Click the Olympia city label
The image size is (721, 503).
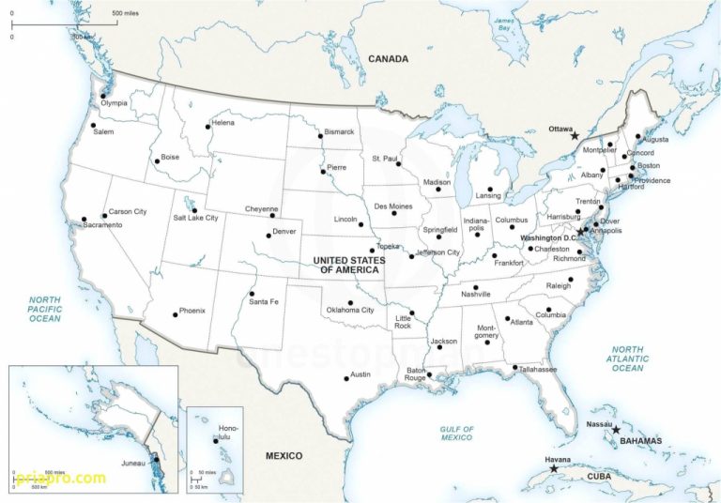(x=114, y=103)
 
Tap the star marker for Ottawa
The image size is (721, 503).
(x=575, y=136)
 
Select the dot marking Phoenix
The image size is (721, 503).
(x=175, y=313)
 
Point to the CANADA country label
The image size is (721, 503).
(x=388, y=59)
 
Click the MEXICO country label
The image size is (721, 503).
(x=284, y=456)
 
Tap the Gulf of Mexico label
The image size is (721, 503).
(x=457, y=434)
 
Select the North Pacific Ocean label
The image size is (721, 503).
(x=44, y=310)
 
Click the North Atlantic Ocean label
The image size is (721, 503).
(x=628, y=358)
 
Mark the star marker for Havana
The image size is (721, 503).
(x=553, y=468)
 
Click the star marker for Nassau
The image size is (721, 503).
(x=616, y=430)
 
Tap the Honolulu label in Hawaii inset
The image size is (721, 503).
(x=222, y=433)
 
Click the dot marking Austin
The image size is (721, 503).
(x=344, y=377)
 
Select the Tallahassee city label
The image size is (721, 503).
(x=538, y=370)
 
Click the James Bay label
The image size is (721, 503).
(x=505, y=24)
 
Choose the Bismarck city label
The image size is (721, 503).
(x=339, y=132)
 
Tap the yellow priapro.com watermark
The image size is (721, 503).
(x=60, y=479)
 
